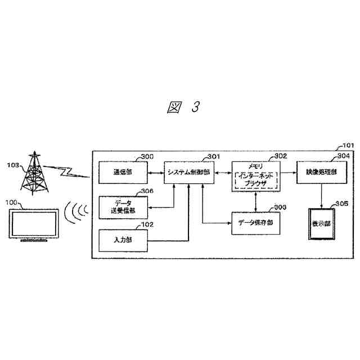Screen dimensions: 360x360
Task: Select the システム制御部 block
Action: pyautogui.click(x=188, y=172)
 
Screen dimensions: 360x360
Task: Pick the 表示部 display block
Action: pyautogui.click(x=322, y=223)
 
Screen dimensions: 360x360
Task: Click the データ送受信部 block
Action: pyautogui.click(x=123, y=206)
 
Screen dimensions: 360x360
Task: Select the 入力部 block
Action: pyautogui.click(x=123, y=240)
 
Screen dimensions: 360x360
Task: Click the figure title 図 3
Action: pyautogui.click(x=184, y=107)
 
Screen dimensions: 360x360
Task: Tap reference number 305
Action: pyautogui.click(x=341, y=203)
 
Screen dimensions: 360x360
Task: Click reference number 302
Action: pyautogui.click(x=280, y=156)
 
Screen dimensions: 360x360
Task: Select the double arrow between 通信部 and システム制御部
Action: pyautogui.click(x=155, y=172)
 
